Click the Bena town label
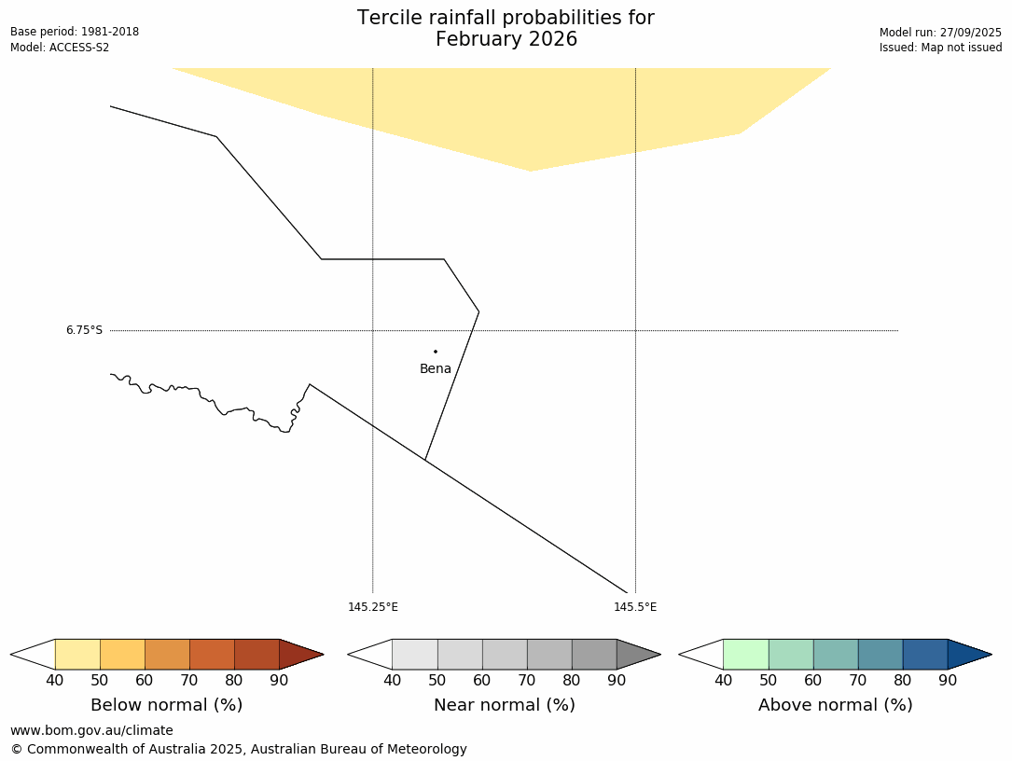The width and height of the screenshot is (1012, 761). [436, 369]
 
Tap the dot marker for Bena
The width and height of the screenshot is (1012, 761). [436, 352]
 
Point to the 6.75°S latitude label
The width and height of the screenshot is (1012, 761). [84, 330]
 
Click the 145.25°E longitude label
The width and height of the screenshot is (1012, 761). [373, 607]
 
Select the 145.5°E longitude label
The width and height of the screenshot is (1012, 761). [635, 607]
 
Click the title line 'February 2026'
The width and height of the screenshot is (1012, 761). [506, 40]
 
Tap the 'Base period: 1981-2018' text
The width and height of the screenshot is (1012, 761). [75, 32]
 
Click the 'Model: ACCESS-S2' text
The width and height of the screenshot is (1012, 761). [60, 48]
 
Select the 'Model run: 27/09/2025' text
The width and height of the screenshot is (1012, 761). [940, 32]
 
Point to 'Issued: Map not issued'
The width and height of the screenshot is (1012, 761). [940, 48]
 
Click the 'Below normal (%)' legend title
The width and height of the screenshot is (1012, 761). [167, 705]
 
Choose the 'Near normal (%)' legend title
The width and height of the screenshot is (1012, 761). [505, 705]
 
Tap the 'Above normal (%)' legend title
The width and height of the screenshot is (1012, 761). [835, 705]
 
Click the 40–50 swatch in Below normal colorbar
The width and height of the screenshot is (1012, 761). [77, 654]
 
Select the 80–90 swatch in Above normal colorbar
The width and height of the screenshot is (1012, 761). [925, 654]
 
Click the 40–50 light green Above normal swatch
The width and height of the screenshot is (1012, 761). [745, 654]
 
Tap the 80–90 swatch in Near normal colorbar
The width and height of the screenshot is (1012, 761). [594, 654]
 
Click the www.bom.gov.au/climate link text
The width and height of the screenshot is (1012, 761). [91, 730]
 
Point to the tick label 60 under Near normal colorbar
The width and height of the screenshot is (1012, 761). [482, 680]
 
